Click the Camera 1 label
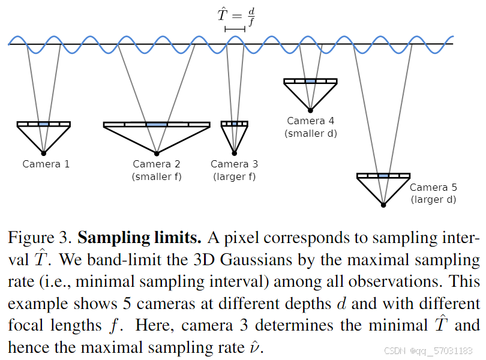point(46,164)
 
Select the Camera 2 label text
point(157,164)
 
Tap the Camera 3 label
point(235,164)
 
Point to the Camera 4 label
point(311,121)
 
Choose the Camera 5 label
point(433,187)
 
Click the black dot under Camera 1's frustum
point(44,152)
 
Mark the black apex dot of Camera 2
point(157,152)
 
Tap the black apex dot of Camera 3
point(235,152)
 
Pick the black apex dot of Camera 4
point(310,110)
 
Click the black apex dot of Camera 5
point(383,205)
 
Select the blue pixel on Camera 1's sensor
point(44,124)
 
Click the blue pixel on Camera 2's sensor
point(157,124)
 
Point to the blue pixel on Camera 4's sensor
point(310,81)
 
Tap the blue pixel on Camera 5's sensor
point(383,176)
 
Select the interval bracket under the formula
point(235,28)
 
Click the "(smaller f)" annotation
point(157,176)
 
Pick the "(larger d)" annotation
point(433,199)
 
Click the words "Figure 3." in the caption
point(40,238)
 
